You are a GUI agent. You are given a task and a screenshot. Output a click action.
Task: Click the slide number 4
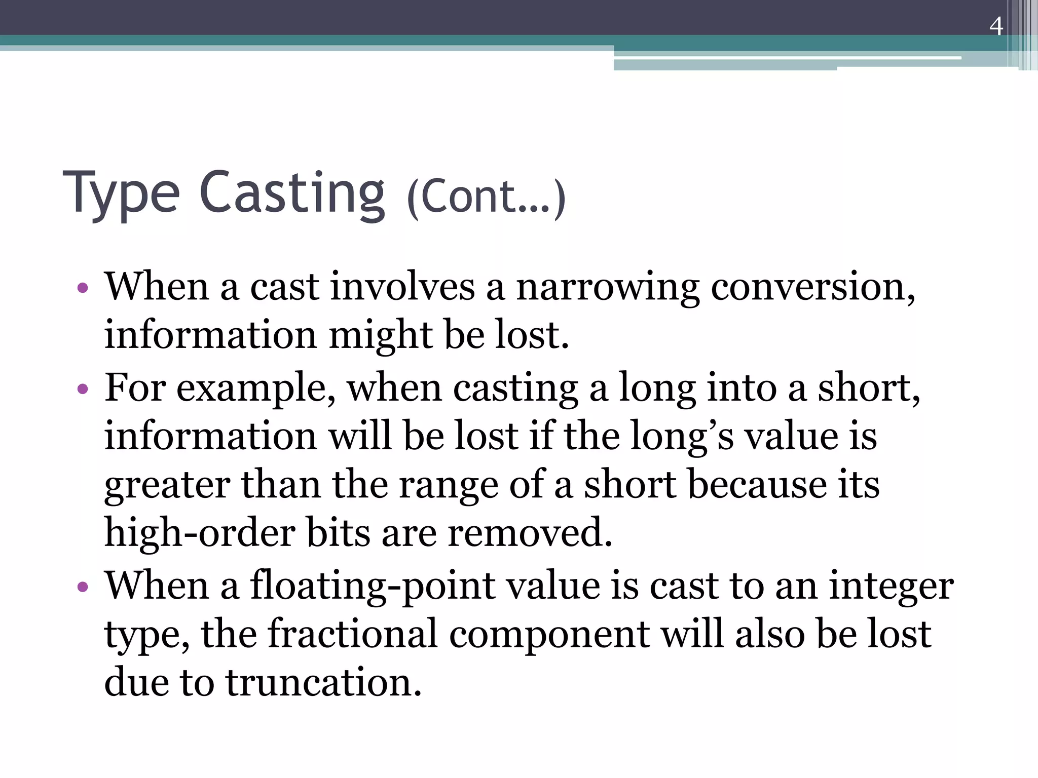point(996,26)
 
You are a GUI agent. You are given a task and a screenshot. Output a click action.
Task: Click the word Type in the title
point(121,194)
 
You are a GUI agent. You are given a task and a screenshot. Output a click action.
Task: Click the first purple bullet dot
point(83,289)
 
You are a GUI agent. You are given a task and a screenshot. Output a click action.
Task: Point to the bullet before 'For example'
point(83,390)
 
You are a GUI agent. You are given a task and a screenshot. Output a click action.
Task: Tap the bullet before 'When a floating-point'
point(83,587)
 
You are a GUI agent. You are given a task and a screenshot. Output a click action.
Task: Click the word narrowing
point(608,287)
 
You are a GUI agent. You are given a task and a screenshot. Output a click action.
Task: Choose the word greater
point(167,485)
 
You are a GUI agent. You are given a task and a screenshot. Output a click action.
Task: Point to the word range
point(449,485)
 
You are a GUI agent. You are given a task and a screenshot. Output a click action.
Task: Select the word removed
point(530,533)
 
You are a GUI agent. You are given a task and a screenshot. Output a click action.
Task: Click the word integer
point(892,587)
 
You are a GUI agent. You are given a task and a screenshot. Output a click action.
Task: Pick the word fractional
point(352,634)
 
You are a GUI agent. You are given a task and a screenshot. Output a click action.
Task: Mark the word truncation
point(324,682)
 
